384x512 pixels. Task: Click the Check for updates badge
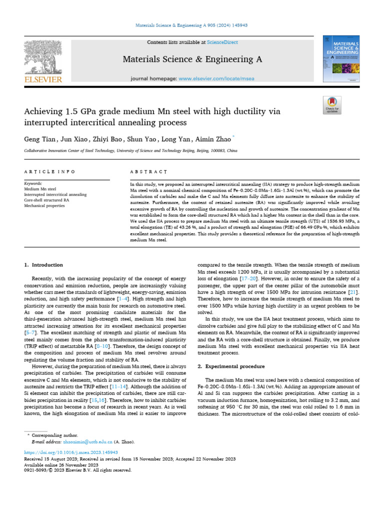(332, 104)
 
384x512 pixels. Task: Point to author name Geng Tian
(38, 137)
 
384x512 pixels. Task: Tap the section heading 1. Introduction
(44, 264)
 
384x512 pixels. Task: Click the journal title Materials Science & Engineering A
(192, 59)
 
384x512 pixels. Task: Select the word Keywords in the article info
(33, 184)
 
